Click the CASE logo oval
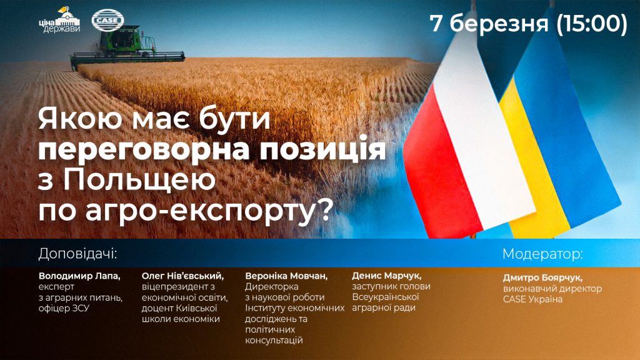point(107,20)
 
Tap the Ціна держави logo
point(59,20)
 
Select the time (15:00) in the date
point(591,23)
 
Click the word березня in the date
point(499,23)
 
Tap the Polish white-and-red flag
point(468,143)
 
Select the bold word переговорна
point(144,149)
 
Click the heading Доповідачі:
point(77,254)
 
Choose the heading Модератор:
point(543,254)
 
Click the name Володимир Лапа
point(79,276)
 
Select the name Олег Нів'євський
point(182,276)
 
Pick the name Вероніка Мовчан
point(286,276)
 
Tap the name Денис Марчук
point(386,276)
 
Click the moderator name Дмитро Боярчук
point(542,278)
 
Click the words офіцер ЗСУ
point(64,309)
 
